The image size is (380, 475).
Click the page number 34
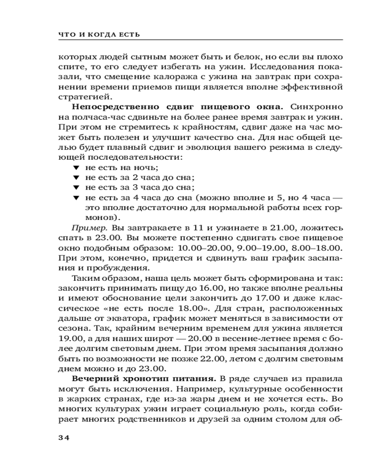point(64,438)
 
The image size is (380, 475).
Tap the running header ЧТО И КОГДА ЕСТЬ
point(98,34)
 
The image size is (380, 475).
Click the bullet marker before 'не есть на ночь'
point(75,169)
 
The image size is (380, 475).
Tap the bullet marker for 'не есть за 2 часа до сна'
point(75,179)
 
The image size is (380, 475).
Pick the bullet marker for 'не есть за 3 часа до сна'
point(75,188)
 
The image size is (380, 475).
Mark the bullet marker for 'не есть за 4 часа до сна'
point(75,198)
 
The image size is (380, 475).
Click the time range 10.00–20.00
point(201,247)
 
